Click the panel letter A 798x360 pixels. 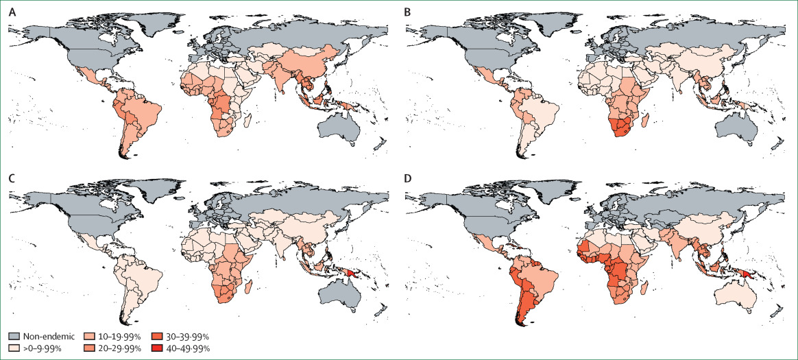pos(11,10)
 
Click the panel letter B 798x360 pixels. pos(410,10)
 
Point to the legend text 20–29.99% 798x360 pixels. pos(122,349)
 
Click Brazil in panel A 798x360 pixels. pos(144,113)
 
